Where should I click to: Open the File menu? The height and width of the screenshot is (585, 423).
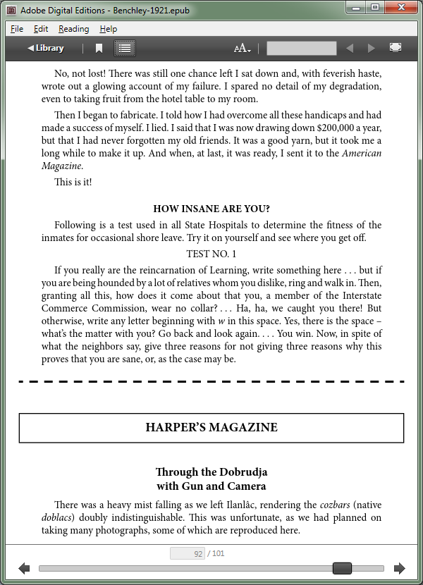(x=17, y=29)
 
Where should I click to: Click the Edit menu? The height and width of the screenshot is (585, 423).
(x=41, y=29)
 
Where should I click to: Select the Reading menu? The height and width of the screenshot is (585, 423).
(x=73, y=29)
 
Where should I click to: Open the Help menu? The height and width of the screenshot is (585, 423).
(x=108, y=29)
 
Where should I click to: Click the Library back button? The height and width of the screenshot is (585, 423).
(x=46, y=48)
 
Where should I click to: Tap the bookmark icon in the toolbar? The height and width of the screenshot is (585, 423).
(x=99, y=48)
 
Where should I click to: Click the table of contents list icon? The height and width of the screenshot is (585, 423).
(x=125, y=48)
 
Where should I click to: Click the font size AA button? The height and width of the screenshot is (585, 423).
(x=242, y=48)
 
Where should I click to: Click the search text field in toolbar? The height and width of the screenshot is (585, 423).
(x=301, y=48)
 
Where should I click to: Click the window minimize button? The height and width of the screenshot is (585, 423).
(x=357, y=8)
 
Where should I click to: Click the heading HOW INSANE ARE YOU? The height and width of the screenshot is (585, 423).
(x=211, y=209)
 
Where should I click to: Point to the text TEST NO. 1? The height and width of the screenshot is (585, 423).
(x=211, y=254)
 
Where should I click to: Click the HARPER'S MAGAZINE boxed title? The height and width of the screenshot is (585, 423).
(x=211, y=428)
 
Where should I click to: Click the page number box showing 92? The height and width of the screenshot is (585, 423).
(x=188, y=554)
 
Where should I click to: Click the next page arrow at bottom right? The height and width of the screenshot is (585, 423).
(x=400, y=568)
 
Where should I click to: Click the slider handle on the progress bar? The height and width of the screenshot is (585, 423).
(x=342, y=568)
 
